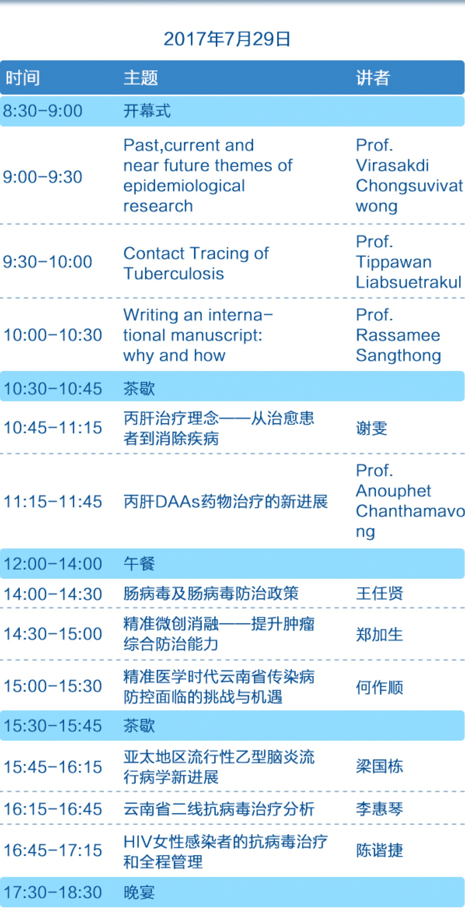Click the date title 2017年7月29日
click(x=227, y=39)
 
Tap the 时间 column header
click(x=23, y=78)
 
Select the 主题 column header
click(x=141, y=78)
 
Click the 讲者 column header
click(x=373, y=78)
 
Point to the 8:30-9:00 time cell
click(x=43, y=111)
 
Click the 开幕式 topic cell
click(x=147, y=111)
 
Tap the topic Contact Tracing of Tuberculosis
click(x=196, y=264)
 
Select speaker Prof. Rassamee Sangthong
click(x=399, y=335)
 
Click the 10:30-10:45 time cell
click(x=53, y=388)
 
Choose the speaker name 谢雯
click(x=372, y=428)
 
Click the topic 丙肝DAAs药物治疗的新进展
click(x=226, y=501)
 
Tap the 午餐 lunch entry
click(x=139, y=564)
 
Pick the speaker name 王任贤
click(x=379, y=594)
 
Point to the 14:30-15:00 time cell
click(x=53, y=634)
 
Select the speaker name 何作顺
click(x=379, y=687)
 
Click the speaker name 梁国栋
click(x=379, y=766)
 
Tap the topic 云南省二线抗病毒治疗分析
click(x=219, y=809)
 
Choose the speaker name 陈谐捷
click(x=379, y=850)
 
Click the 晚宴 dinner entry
click(x=139, y=892)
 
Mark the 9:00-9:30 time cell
click(x=43, y=177)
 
